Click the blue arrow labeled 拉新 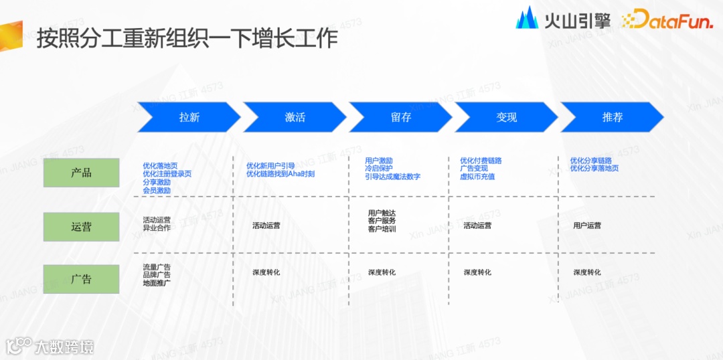[189, 117]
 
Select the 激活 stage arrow [295, 117]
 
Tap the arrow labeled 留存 [400, 117]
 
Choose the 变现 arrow [506, 117]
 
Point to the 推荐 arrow [612, 117]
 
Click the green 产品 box [81, 173]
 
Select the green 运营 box [81, 227]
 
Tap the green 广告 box [81, 279]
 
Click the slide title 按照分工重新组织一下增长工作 [187, 38]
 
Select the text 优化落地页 [160, 165]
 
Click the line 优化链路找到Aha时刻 [280, 174]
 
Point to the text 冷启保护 [379, 169]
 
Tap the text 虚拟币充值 [477, 177]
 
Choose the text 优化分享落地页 [594, 169]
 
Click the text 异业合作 [157, 228]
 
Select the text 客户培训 [382, 230]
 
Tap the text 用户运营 [587, 226]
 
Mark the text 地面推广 [157, 283]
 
